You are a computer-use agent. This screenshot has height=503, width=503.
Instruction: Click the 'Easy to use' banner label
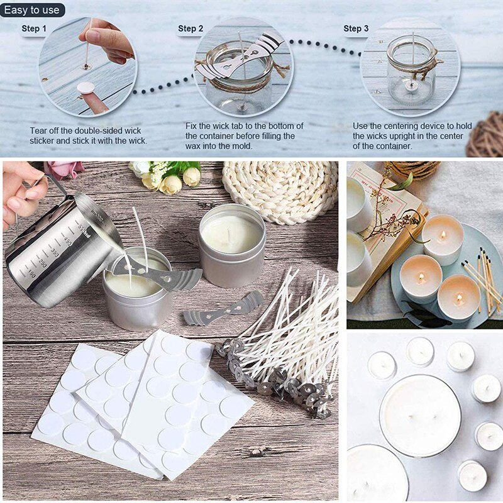tap(33, 10)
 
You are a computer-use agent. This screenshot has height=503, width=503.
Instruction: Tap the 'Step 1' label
tap(34, 28)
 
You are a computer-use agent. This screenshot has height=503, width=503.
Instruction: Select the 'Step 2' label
tap(191, 28)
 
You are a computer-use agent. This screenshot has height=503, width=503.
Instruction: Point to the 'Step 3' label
tap(356, 28)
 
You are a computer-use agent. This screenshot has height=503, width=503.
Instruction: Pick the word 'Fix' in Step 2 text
tap(192, 126)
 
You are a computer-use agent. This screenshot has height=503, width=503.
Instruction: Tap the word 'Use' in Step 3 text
tap(360, 126)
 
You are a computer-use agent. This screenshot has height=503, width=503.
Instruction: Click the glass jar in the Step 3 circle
tap(412, 75)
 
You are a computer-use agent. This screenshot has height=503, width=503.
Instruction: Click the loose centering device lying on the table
tap(223, 309)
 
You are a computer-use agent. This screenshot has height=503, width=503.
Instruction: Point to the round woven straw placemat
tap(280, 189)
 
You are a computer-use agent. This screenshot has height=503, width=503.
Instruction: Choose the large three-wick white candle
tap(419, 415)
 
